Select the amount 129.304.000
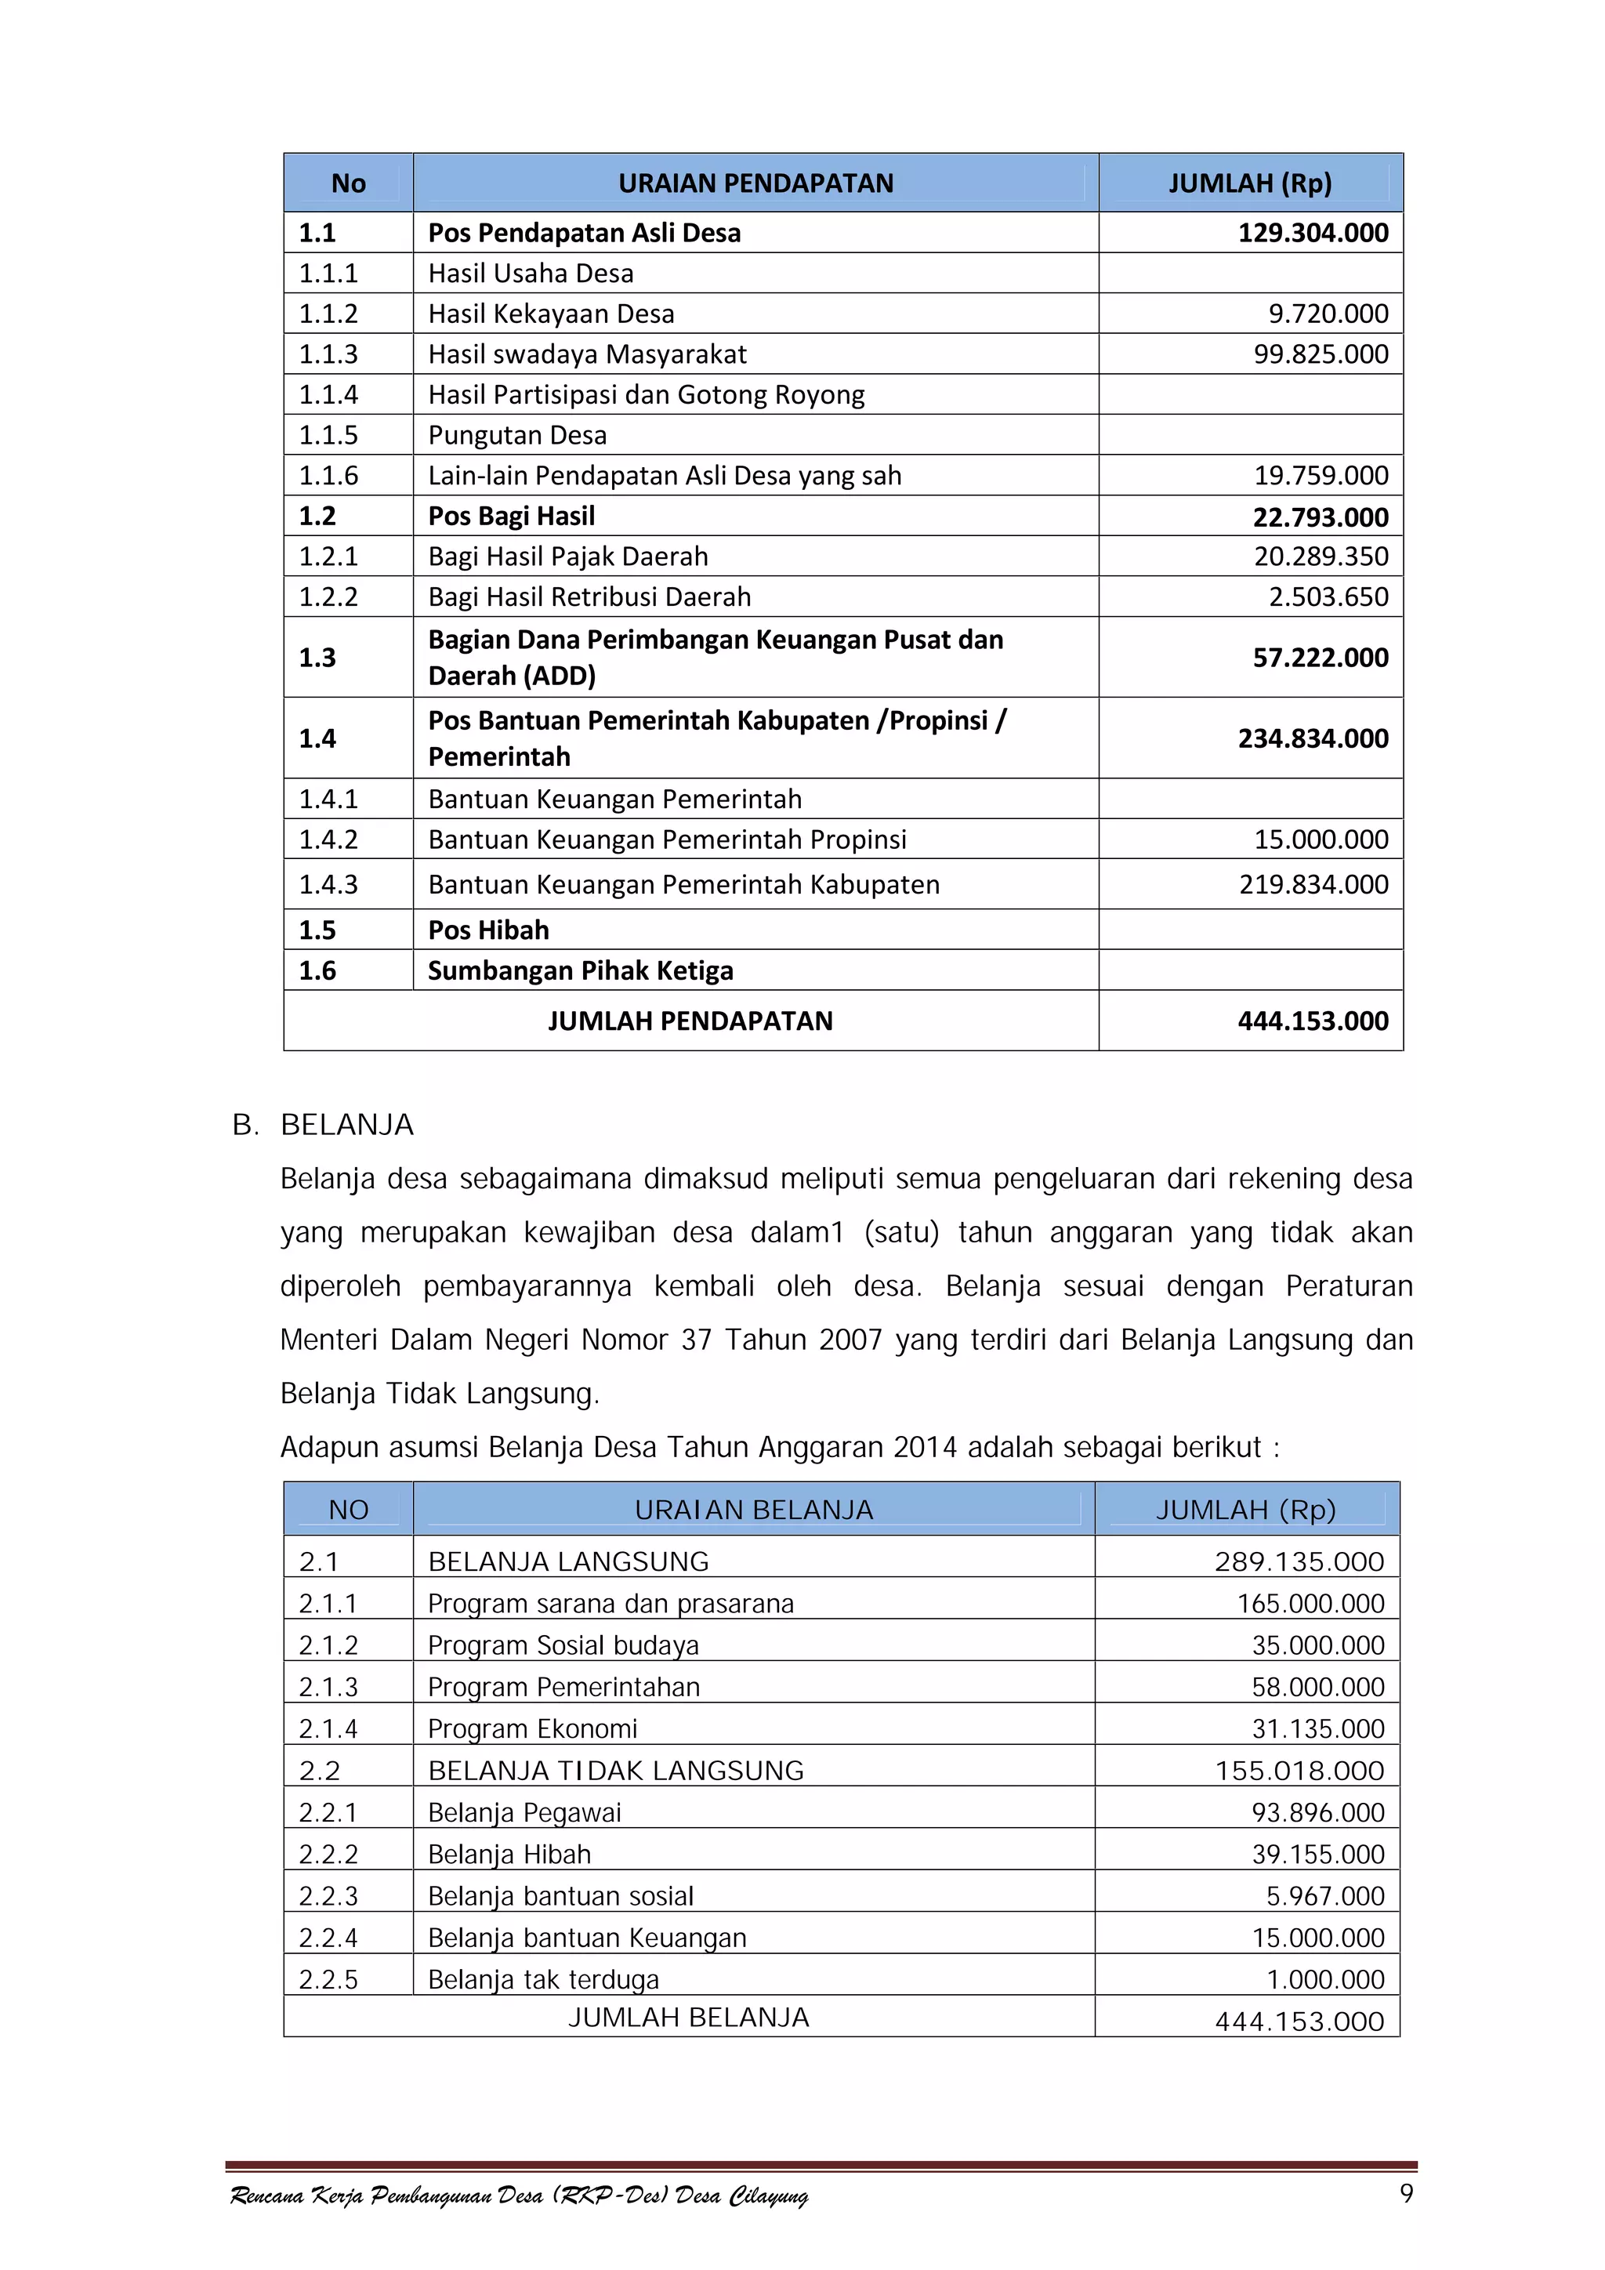[x=1313, y=234]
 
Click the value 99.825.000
[x=1321, y=354]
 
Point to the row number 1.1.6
[x=328, y=476]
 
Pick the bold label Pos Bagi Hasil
[x=511, y=516]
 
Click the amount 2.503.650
[x=1328, y=597]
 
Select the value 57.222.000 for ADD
[x=1321, y=658]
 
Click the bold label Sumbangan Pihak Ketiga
[x=580, y=971]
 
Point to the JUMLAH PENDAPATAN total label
[x=690, y=1021]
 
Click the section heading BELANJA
[x=347, y=1125]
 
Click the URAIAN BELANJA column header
[x=753, y=1510]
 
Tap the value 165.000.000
[x=1310, y=1604]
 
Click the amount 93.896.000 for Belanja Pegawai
[x=1317, y=1812]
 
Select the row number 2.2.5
[x=328, y=1980]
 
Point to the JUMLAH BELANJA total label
[x=688, y=2017]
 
